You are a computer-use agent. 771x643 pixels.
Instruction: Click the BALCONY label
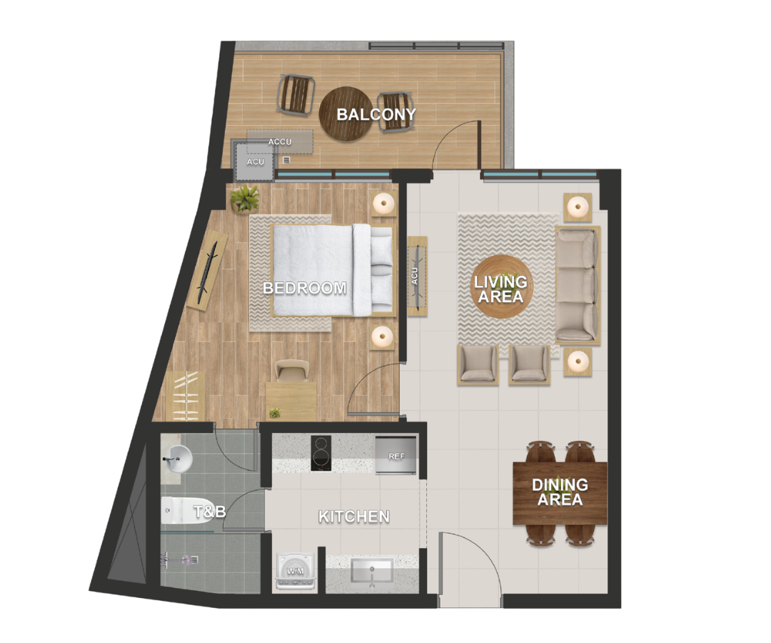[376, 114]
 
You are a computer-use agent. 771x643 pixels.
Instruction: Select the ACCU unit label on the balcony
[280, 141]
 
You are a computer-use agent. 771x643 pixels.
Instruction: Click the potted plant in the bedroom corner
[245, 198]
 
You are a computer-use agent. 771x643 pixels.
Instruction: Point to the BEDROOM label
[305, 289]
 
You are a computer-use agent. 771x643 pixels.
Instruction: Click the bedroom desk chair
[291, 370]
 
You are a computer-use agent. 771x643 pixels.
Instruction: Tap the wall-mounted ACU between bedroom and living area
[416, 276]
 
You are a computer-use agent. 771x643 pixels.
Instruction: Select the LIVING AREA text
[500, 289]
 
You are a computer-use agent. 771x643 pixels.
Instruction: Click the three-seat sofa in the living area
[576, 284]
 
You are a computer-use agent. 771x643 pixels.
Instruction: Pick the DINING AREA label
[560, 492]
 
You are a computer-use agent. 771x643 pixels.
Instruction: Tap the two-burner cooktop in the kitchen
[321, 453]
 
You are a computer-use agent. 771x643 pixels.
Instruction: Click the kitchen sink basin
[371, 572]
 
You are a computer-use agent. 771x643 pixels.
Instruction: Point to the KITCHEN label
[354, 517]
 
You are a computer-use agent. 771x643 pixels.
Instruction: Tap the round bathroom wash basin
[177, 457]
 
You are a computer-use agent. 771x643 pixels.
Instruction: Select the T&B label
[210, 512]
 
